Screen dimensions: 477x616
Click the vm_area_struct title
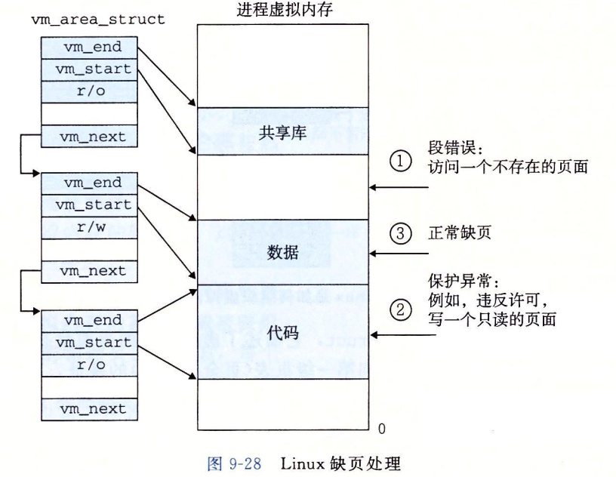coord(97,20)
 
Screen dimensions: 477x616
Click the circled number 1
coord(401,159)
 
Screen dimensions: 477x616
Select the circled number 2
coord(401,310)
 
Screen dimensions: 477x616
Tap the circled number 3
coord(401,234)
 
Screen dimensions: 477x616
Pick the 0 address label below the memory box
coord(380,429)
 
